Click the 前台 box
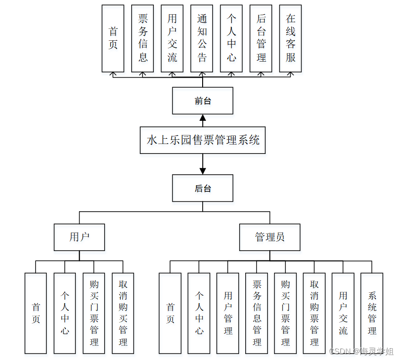tap(203, 100)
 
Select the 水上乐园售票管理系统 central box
tap(203, 140)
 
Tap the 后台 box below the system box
tap(203, 188)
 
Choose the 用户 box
tap(79, 237)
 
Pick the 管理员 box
tap(270, 237)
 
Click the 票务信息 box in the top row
tap(143, 38)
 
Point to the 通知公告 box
tap(202, 38)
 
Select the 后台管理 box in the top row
tap(261, 38)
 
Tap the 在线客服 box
tap(291, 38)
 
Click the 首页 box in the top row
tap(113, 38)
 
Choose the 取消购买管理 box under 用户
tap(123, 313)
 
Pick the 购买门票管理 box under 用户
tap(94, 313)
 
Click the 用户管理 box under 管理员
tap(228, 313)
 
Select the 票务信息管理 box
tap(257, 313)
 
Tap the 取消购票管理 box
tap(314, 313)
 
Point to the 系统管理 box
tap(372, 313)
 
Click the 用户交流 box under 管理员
tap(343, 313)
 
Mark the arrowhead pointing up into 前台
tap(203, 117)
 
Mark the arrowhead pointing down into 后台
tap(203, 171)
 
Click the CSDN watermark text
tap(361, 351)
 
